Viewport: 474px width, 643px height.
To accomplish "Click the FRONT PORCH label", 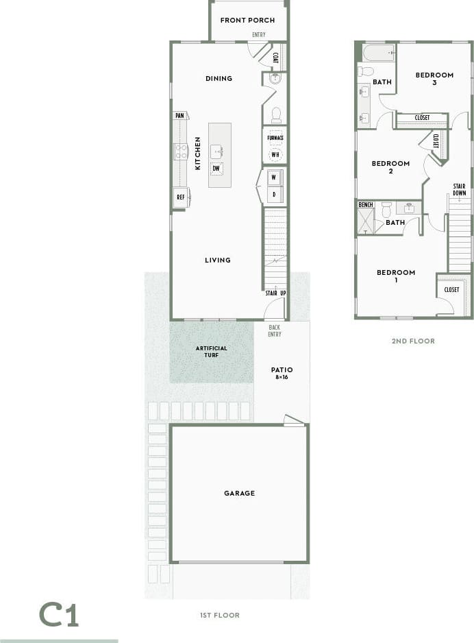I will pyautogui.click(x=247, y=20).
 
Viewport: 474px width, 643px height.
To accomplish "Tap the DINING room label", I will pyautogui.click(x=219, y=78).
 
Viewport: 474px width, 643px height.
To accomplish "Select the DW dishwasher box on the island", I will pyautogui.click(x=216, y=169).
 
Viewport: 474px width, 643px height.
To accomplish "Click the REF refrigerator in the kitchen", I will pyautogui.click(x=181, y=197).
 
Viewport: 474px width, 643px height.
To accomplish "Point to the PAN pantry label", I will pyautogui.click(x=180, y=116).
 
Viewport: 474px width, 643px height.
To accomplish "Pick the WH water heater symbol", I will pyautogui.click(x=275, y=154).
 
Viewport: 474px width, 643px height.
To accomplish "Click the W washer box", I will pyautogui.click(x=274, y=178).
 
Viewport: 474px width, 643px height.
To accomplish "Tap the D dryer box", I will pyautogui.click(x=274, y=195).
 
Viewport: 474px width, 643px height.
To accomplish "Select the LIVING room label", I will pyautogui.click(x=218, y=260).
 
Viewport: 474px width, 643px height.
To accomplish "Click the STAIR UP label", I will pyautogui.click(x=276, y=293).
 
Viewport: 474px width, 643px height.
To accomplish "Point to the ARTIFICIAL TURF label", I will pyautogui.click(x=211, y=352).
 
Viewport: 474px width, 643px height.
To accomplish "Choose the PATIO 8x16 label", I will pyautogui.click(x=282, y=373).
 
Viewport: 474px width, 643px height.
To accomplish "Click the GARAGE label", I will pyautogui.click(x=239, y=493).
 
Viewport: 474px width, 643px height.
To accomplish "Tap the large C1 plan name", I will pyautogui.click(x=59, y=614).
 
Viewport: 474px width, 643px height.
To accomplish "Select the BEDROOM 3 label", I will pyautogui.click(x=434, y=79).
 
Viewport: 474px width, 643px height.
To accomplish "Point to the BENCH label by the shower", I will pyautogui.click(x=366, y=205).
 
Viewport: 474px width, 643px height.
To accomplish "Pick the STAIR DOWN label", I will pyautogui.click(x=459, y=189).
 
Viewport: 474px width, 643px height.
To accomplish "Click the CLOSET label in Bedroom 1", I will pyautogui.click(x=452, y=290).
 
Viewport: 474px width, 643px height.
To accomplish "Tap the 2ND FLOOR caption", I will pyautogui.click(x=413, y=341).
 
